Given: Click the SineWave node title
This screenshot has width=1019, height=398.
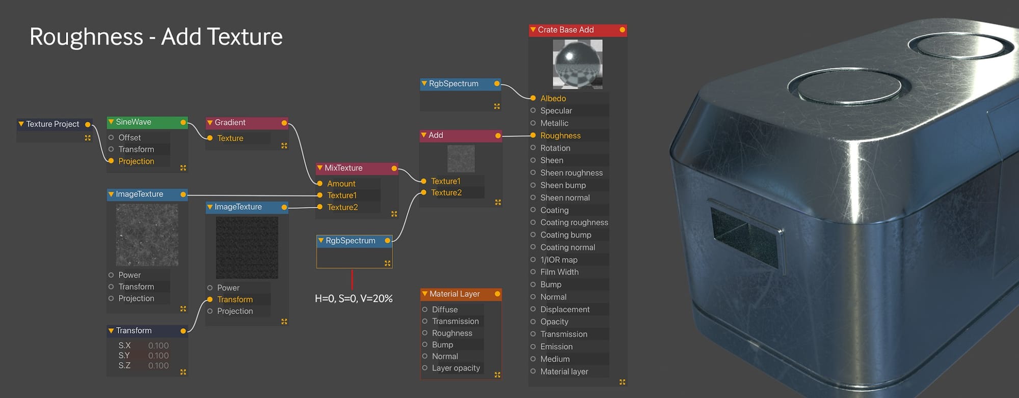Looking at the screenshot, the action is (133, 122).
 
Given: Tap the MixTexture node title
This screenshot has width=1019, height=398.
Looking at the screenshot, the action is (343, 168).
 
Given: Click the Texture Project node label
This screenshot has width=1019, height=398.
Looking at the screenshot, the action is (52, 124).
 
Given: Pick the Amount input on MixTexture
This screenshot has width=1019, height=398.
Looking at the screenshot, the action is (341, 184).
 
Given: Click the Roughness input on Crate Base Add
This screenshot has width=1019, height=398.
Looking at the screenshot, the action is (560, 136).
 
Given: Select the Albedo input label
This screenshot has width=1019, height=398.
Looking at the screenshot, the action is (553, 99).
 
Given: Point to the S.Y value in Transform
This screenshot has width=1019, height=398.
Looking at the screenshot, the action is (158, 356).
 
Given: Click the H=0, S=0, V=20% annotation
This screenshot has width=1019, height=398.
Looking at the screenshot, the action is (354, 299).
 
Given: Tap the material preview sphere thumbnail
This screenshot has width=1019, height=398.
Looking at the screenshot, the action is (578, 64).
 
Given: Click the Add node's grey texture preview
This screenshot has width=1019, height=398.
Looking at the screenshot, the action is (461, 158).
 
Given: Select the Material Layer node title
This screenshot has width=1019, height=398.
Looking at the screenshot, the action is (454, 294).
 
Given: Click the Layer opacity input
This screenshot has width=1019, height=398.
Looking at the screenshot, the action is (456, 368).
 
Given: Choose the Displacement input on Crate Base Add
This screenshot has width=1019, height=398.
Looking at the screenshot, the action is (565, 309).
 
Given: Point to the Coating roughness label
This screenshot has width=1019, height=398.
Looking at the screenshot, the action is (574, 222).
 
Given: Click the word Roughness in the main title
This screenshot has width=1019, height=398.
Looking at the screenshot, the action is (86, 37).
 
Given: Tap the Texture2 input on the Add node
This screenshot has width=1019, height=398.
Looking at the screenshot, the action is (446, 193).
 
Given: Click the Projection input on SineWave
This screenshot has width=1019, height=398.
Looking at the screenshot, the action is (136, 161).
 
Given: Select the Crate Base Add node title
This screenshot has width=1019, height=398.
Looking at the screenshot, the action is (566, 30).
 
